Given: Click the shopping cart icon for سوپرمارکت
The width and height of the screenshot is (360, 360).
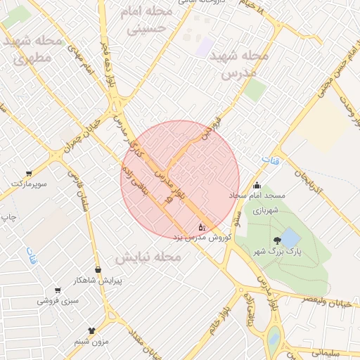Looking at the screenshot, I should tap(28, 173).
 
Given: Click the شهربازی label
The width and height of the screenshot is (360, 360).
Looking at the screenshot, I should tap(267, 210).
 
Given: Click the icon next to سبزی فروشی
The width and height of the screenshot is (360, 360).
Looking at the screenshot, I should tap(57, 290).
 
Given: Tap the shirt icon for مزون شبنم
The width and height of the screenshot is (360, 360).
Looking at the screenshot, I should tap(91, 329).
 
